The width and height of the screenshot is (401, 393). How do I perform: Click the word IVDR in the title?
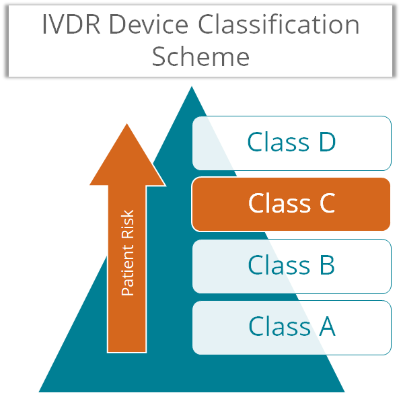(x=71, y=24)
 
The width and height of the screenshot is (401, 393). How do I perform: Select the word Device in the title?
(x=149, y=24)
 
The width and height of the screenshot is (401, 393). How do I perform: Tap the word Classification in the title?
(x=279, y=24)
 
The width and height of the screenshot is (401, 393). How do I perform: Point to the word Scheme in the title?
(x=200, y=56)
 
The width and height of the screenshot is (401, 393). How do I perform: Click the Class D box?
(x=292, y=143)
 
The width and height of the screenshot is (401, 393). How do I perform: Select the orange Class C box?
(x=291, y=204)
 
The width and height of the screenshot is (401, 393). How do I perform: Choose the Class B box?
(x=292, y=266)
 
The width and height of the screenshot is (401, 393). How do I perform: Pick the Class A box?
(x=292, y=328)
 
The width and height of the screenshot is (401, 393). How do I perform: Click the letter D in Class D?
(x=328, y=142)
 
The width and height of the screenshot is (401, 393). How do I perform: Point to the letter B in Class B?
(x=327, y=265)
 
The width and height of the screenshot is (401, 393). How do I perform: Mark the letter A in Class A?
(x=327, y=326)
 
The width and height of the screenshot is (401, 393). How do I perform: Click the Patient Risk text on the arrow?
(x=127, y=253)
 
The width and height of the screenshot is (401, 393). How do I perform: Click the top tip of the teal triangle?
(x=192, y=87)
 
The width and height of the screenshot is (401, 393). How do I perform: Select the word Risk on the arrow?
(x=127, y=224)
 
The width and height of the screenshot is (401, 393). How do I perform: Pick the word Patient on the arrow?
(x=127, y=270)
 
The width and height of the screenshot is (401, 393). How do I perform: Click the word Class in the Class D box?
(x=279, y=141)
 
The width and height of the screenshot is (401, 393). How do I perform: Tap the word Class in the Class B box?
(x=279, y=264)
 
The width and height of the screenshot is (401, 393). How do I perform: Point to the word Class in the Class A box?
(x=279, y=326)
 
